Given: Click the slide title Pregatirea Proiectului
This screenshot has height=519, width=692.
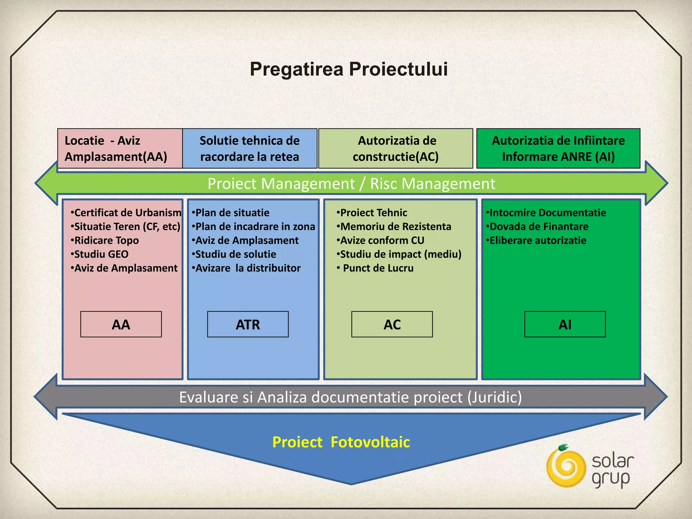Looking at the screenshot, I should pyautogui.click(x=349, y=69).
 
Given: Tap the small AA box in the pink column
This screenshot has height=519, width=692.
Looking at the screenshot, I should pyautogui.click(x=121, y=324).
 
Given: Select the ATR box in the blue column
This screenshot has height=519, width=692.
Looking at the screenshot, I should pyautogui.click(x=248, y=324).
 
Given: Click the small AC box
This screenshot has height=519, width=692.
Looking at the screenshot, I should pyautogui.click(x=392, y=324).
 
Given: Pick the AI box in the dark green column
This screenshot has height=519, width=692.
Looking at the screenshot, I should pyautogui.click(x=565, y=324).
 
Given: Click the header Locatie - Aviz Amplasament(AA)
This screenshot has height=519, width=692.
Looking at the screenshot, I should pyautogui.click(x=116, y=149).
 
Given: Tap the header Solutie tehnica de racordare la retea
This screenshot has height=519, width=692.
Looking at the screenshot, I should pyautogui.click(x=249, y=149).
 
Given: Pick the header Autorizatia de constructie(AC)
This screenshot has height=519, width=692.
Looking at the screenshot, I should pyautogui.click(x=396, y=149).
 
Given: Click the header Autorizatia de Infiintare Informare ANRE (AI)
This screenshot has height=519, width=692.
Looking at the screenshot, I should pyautogui.click(x=558, y=149).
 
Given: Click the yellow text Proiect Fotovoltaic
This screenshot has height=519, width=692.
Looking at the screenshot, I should pyautogui.click(x=341, y=442).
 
